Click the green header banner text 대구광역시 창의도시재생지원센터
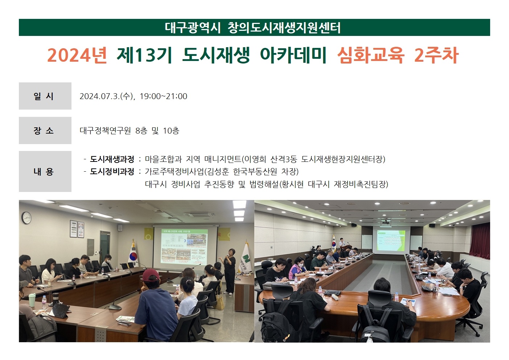253,28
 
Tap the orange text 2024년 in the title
77,56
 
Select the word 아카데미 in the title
293,56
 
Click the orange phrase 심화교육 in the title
371,56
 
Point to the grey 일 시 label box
45,96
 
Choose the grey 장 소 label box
45,130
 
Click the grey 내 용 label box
45,171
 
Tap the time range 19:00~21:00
163,96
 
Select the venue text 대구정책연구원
106,131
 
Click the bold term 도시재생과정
112,159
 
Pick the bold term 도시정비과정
112,171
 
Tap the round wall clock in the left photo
26,218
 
